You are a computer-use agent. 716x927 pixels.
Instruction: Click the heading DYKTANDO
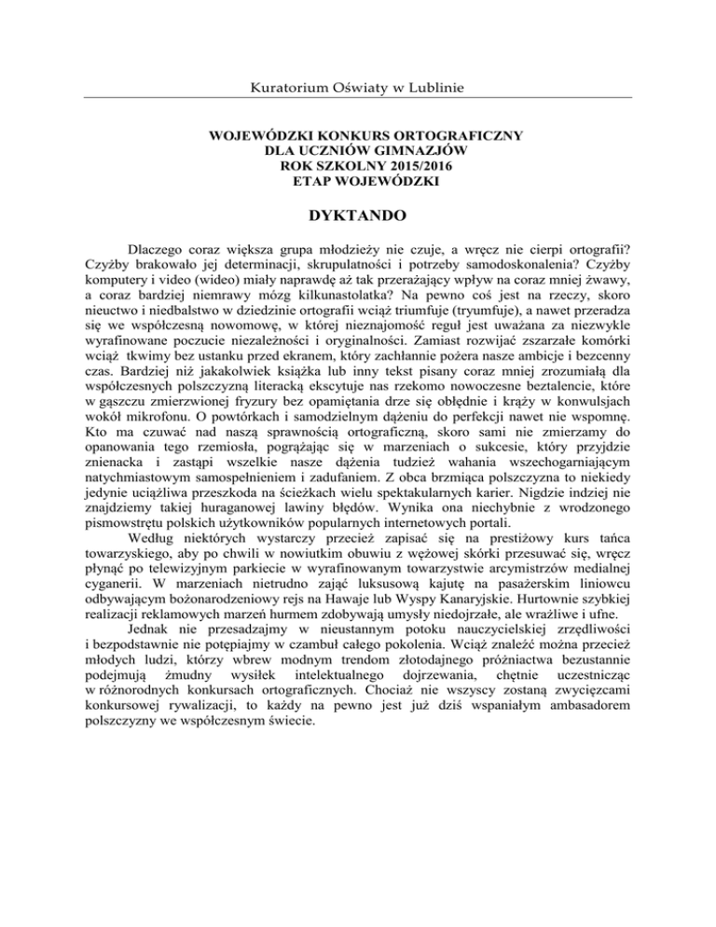tap(358, 215)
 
